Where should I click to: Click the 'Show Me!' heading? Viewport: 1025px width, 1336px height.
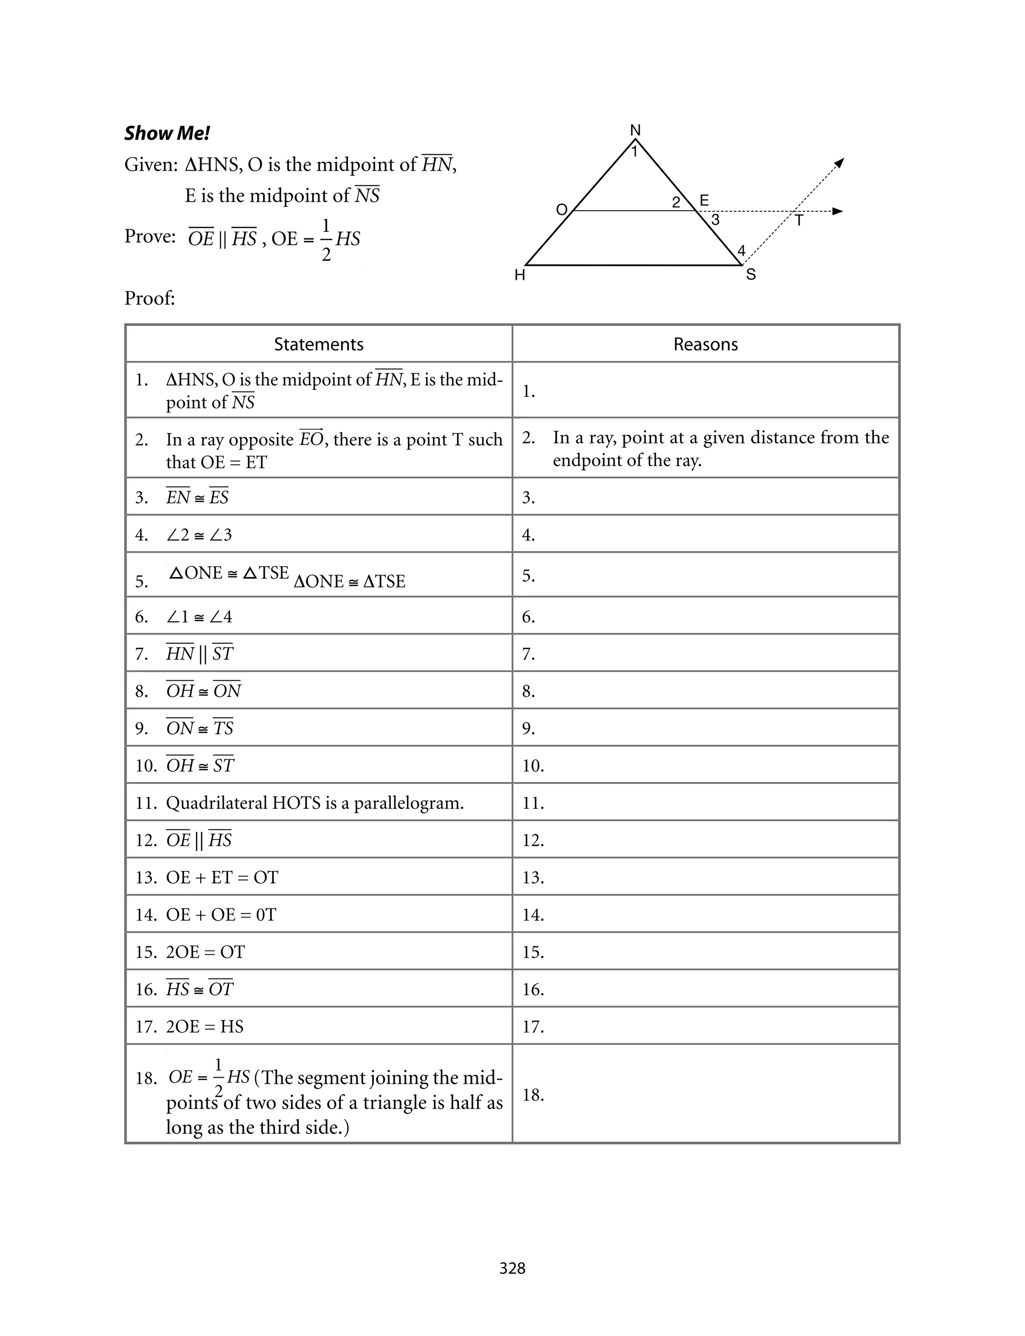[x=167, y=133]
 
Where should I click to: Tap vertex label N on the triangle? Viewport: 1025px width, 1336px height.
[x=635, y=130]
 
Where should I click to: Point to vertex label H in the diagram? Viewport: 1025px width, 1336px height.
[x=520, y=276]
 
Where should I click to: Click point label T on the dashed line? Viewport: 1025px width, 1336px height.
[x=799, y=221]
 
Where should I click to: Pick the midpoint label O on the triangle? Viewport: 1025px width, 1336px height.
[x=562, y=210]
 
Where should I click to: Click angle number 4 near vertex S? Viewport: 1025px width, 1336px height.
[x=741, y=251]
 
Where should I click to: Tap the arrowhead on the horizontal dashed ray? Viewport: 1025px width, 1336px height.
[x=838, y=211]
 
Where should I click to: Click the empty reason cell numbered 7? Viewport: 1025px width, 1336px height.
[x=705, y=654]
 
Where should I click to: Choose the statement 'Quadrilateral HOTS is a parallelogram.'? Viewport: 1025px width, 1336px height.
[x=315, y=803]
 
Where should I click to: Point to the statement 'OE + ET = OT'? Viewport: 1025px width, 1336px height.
[x=222, y=877]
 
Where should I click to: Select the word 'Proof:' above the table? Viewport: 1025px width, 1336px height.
[x=150, y=298]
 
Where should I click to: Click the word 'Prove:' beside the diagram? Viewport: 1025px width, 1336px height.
[x=150, y=236]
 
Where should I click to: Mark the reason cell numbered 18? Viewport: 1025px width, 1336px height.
[x=705, y=1095]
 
